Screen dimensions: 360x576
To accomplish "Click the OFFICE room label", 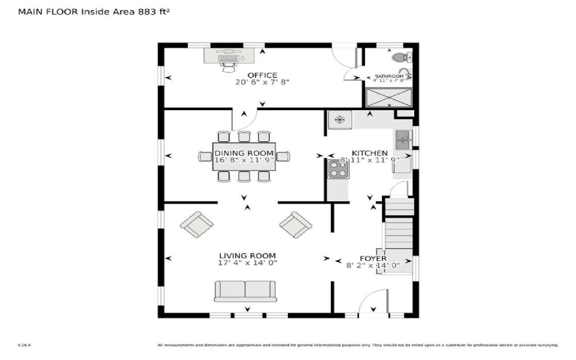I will pyautogui.click(x=262, y=75).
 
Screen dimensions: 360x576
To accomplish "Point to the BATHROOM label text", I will pyautogui.click(x=389, y=76).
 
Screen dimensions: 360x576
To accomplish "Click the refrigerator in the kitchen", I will pyautogui.click(x=340, y=119).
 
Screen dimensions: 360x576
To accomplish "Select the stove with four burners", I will pyautogui.click(x=338, y=169).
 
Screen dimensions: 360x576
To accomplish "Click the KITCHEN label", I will pyautogui.click(x=370, y=153).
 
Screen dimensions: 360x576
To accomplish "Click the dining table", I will pyautogui.click(x=244, y=156).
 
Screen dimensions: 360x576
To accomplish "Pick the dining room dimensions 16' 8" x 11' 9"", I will pyautogui.click(x=244, y=160).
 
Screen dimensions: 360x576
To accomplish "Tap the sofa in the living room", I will pyautogui.click(x=245, y=291).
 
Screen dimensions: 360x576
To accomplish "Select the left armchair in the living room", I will pyautogui.click(x=196, y=224).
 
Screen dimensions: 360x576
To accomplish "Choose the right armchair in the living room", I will pyautogui.click(x=296, y=224).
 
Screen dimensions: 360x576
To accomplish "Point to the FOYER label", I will pyautogui.click(x=373, y=259).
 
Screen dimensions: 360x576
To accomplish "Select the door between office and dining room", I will pyautogui.click(x=246, y=117).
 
